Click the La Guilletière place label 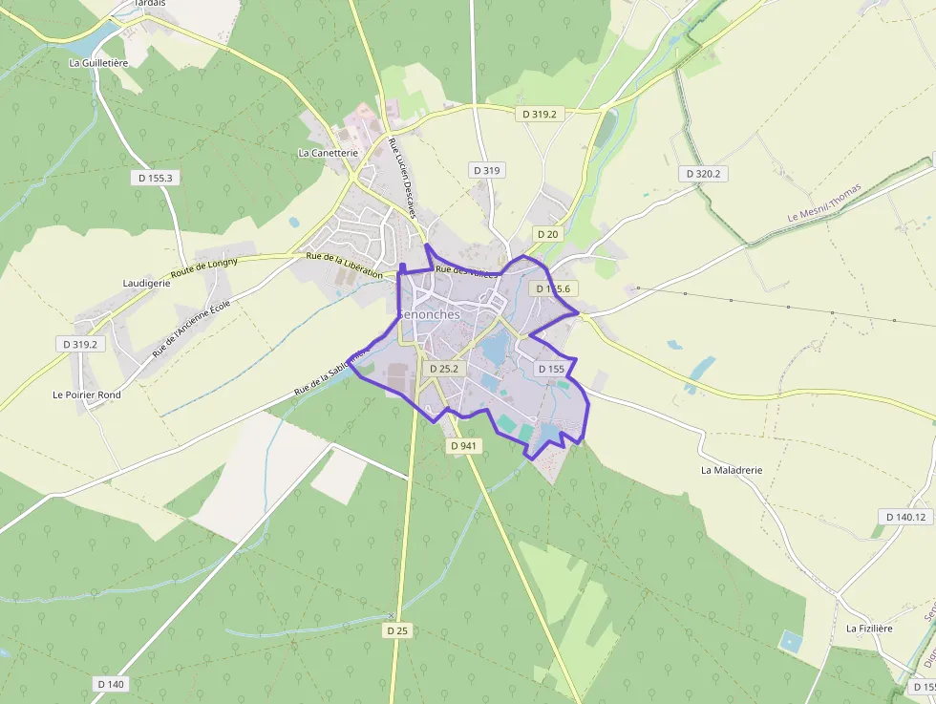(98, 63)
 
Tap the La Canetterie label (328, 152)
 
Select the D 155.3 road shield (155, 178)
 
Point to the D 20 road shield (547, 234)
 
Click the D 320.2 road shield (702, 174)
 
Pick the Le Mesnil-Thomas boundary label (824, 202)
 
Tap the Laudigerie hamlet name (146, 283)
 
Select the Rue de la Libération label (344, 265)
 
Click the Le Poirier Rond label (87, 395)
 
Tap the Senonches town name (428, 314)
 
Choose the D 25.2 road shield (444, 368)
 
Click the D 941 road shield (463, 445)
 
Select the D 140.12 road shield (905, 517)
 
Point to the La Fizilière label (869, 629)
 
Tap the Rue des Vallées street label (466, 271)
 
